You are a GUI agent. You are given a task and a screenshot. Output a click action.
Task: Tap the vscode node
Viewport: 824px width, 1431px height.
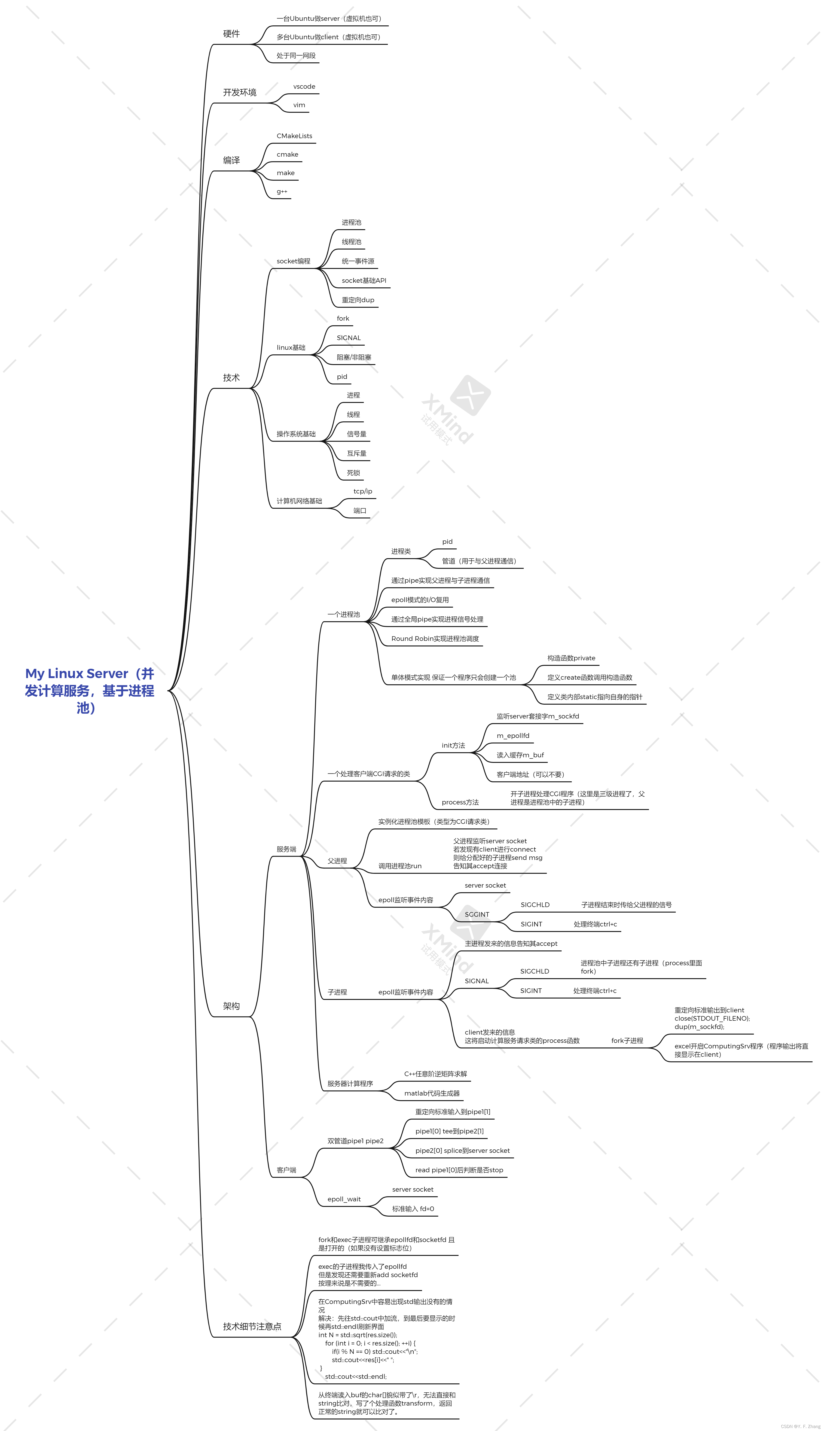point(304,87)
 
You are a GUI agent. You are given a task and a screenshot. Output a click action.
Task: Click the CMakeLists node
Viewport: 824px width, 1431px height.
point(294,136)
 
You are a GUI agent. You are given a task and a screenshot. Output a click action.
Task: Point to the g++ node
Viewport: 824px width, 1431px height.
point(282,191)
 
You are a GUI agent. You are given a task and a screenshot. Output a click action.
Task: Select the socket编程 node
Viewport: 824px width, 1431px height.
point(293,261)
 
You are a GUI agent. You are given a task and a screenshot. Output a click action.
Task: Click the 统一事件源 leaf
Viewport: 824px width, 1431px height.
point(358,261)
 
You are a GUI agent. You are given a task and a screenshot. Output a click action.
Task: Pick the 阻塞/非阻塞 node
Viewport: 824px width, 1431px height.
point(354,357)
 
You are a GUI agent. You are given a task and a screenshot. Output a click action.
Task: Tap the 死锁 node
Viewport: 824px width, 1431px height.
point(353,472)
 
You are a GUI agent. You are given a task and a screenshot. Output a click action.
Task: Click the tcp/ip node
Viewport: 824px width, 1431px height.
point(363,491)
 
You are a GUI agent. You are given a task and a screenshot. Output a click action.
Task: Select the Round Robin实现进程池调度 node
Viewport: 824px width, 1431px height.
point(435,638)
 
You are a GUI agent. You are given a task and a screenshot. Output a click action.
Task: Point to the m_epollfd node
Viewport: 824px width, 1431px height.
point(513,736)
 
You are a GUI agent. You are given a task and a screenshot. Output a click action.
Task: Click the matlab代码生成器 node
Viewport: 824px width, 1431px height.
point(432,1093)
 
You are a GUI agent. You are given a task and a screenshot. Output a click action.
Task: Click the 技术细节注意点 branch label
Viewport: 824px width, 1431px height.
point(252,1326)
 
